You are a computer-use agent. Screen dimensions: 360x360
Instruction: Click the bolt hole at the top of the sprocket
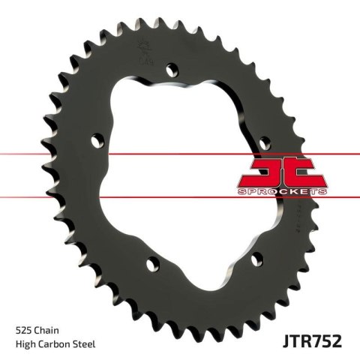174,70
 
